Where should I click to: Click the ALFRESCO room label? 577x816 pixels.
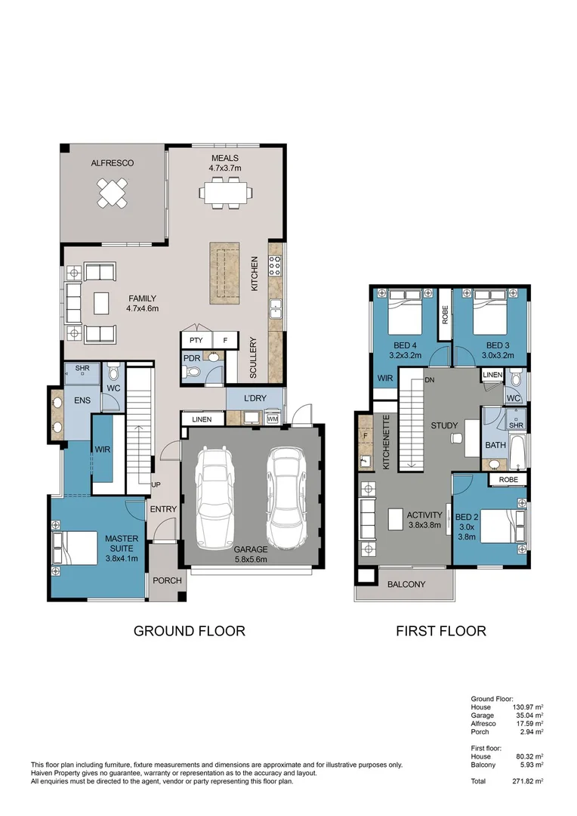[113, 163]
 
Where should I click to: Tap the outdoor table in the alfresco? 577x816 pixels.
[113, 192]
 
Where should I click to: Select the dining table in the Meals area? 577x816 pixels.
[225, 192]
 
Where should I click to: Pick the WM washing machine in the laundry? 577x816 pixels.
[272, 418]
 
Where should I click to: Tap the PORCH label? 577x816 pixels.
[166, 581]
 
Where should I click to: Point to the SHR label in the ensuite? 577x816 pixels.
[82, 369]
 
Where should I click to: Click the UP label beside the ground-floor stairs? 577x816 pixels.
[156, 484]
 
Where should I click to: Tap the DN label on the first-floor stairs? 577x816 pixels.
[430, 379]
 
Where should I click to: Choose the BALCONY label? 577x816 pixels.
[406, 584]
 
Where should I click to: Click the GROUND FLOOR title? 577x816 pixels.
[189, 631]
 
